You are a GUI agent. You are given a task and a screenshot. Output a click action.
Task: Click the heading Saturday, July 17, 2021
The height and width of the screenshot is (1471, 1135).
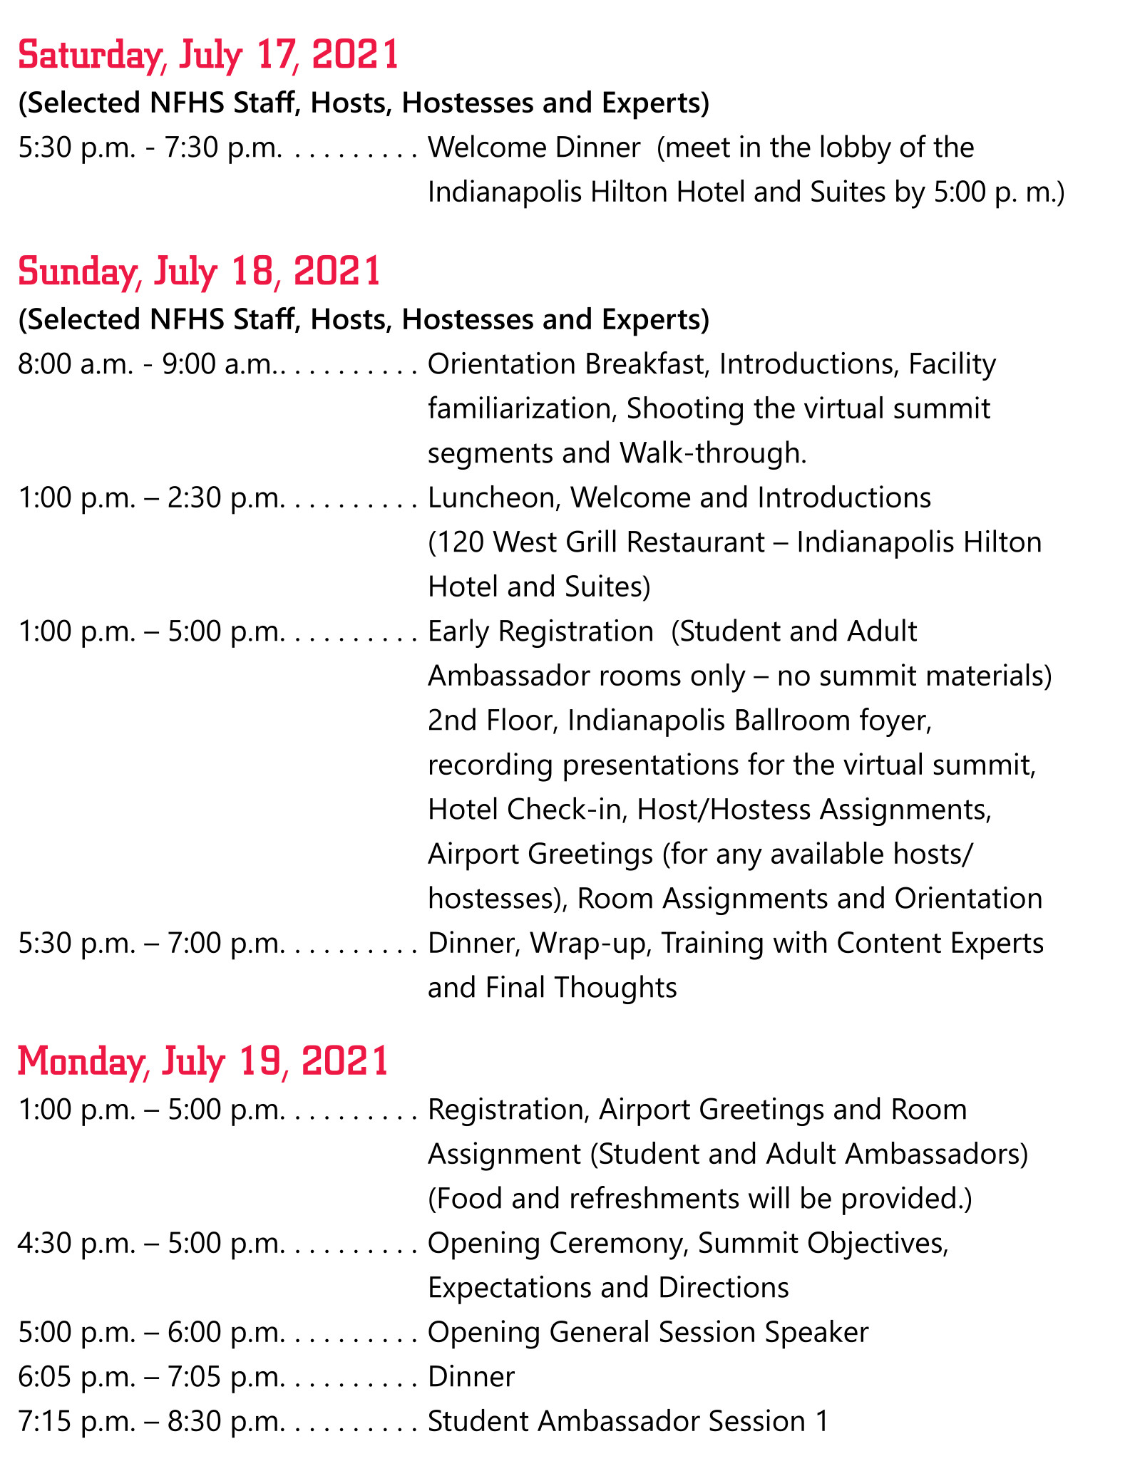[x=208, y=56]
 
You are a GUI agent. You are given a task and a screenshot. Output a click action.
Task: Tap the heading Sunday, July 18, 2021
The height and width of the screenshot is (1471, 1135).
[x=199, y=272]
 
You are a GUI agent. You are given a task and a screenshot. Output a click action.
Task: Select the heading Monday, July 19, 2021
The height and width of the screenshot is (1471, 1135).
[x=203, y=1061]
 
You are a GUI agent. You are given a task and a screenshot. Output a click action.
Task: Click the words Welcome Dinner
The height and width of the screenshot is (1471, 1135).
[x=534, y=148]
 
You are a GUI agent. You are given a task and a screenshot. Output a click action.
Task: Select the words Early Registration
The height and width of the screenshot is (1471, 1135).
[x=540, y=631]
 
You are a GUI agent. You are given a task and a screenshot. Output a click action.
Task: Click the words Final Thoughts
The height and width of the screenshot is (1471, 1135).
[x=581, y=988]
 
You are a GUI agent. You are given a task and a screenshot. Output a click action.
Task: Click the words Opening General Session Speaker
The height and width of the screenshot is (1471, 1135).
[x=648, y=1332]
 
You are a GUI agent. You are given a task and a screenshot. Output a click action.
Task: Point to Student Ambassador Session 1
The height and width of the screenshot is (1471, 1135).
[x=628, y=1421]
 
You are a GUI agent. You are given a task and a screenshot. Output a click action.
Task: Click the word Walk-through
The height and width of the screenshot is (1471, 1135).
[x=713, y=453]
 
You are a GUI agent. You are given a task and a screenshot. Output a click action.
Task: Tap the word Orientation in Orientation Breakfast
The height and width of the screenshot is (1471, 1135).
[x=503, y=364]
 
